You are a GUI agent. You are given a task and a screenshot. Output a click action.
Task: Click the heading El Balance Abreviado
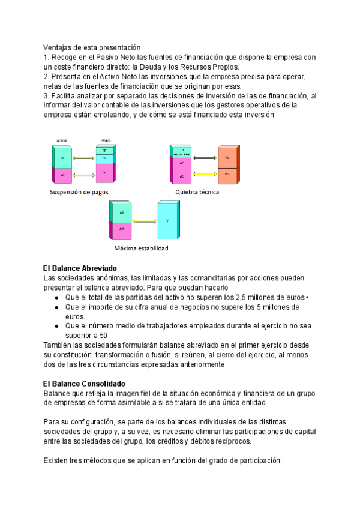click(80, 268)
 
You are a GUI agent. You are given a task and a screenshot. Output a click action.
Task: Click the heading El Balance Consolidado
click(84, 384)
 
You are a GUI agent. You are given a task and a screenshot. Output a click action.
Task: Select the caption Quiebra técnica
click(197, 193)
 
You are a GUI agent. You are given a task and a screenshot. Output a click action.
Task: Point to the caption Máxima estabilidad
click(141, 248)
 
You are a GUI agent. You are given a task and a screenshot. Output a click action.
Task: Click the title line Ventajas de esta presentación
click(91, 47)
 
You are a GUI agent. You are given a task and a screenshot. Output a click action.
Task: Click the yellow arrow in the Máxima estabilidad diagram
click(144, 221)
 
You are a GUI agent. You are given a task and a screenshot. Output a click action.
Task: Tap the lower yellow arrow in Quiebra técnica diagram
click(198, 175)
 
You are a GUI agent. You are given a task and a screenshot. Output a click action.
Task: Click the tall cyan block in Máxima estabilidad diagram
click(167, 221)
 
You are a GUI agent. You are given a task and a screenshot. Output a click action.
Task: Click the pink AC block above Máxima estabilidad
click(122, 230)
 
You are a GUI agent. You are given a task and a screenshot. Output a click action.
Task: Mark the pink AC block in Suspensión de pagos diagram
click(62, 175)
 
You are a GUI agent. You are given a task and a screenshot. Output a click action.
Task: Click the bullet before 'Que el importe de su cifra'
click(56, 308)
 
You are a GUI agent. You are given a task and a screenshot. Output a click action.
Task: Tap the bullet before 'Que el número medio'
click(56, 327)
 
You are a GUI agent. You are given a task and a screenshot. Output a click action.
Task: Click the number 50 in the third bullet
click(103, 336)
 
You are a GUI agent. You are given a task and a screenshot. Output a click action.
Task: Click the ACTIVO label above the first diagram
click(62, 140)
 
